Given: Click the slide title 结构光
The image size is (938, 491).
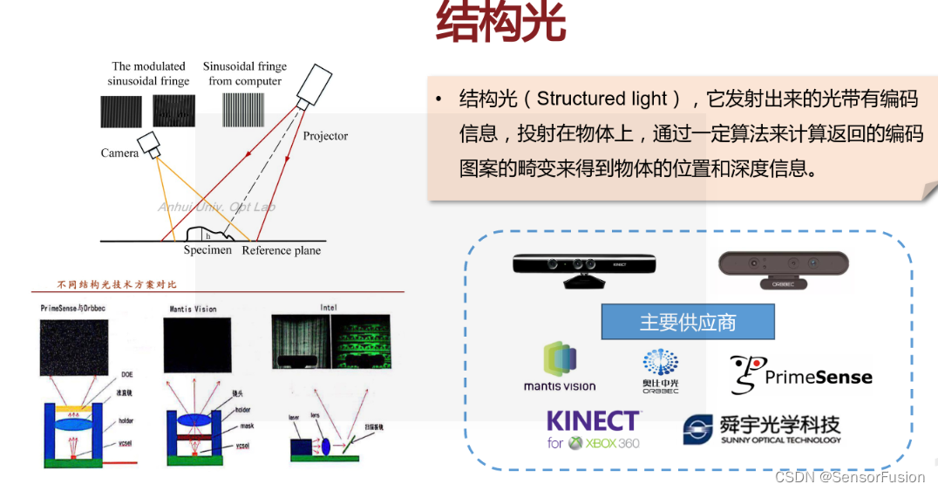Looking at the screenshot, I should [500, 24].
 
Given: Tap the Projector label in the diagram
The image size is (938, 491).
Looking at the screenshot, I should [325, 136].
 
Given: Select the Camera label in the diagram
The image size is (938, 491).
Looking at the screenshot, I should [119, 153].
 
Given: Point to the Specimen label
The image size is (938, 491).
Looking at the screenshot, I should [207, 250].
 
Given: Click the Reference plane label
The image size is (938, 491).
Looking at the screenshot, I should [281, 250].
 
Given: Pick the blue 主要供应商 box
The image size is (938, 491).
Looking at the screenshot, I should [687, 322].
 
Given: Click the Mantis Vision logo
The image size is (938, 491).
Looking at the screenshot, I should [560, 366].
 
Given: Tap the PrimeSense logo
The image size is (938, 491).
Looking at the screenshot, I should [800, 375].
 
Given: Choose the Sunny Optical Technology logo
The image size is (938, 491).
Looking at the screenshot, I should [762, 429].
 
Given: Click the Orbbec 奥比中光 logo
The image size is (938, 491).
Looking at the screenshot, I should [660, 370].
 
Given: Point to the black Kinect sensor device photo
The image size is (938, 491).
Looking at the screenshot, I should [583, 267].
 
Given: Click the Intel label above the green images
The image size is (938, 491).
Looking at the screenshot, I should [329, 307].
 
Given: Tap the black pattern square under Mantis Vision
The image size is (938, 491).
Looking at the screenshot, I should [198, 345].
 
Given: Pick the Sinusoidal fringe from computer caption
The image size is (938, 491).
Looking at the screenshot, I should [244, 73].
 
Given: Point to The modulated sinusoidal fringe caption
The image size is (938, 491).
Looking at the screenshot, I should [148, 73].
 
